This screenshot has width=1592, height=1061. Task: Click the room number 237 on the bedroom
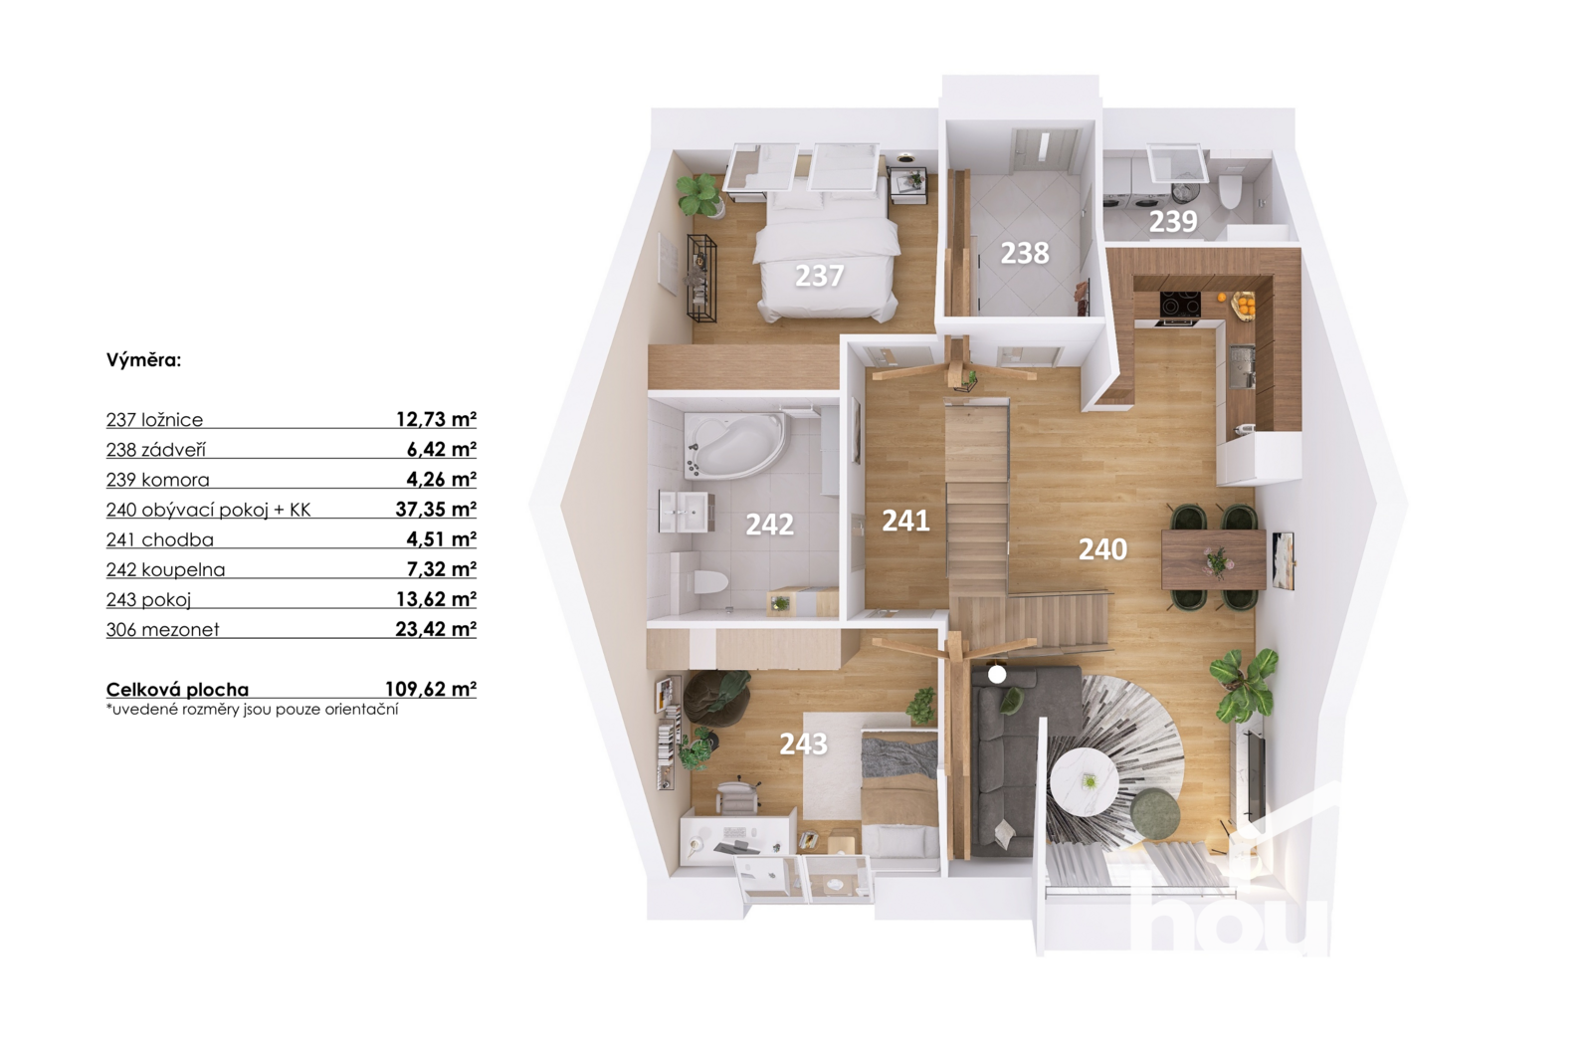819,276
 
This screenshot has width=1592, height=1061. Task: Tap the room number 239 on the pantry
1173,222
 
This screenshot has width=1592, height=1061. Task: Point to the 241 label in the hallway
905,521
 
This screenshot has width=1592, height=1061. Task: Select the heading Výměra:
143,360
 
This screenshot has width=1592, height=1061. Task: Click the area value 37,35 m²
436,509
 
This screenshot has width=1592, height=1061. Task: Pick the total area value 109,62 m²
431,689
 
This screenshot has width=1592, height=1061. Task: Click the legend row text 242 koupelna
165,569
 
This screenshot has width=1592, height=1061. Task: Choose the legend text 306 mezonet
163,629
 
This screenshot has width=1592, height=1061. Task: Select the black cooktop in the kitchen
1180,305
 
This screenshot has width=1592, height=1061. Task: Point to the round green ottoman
1155,813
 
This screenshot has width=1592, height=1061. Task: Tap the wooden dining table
1214,559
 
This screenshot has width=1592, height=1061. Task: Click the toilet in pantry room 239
1230,191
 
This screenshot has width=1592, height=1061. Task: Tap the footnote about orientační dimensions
253,709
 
